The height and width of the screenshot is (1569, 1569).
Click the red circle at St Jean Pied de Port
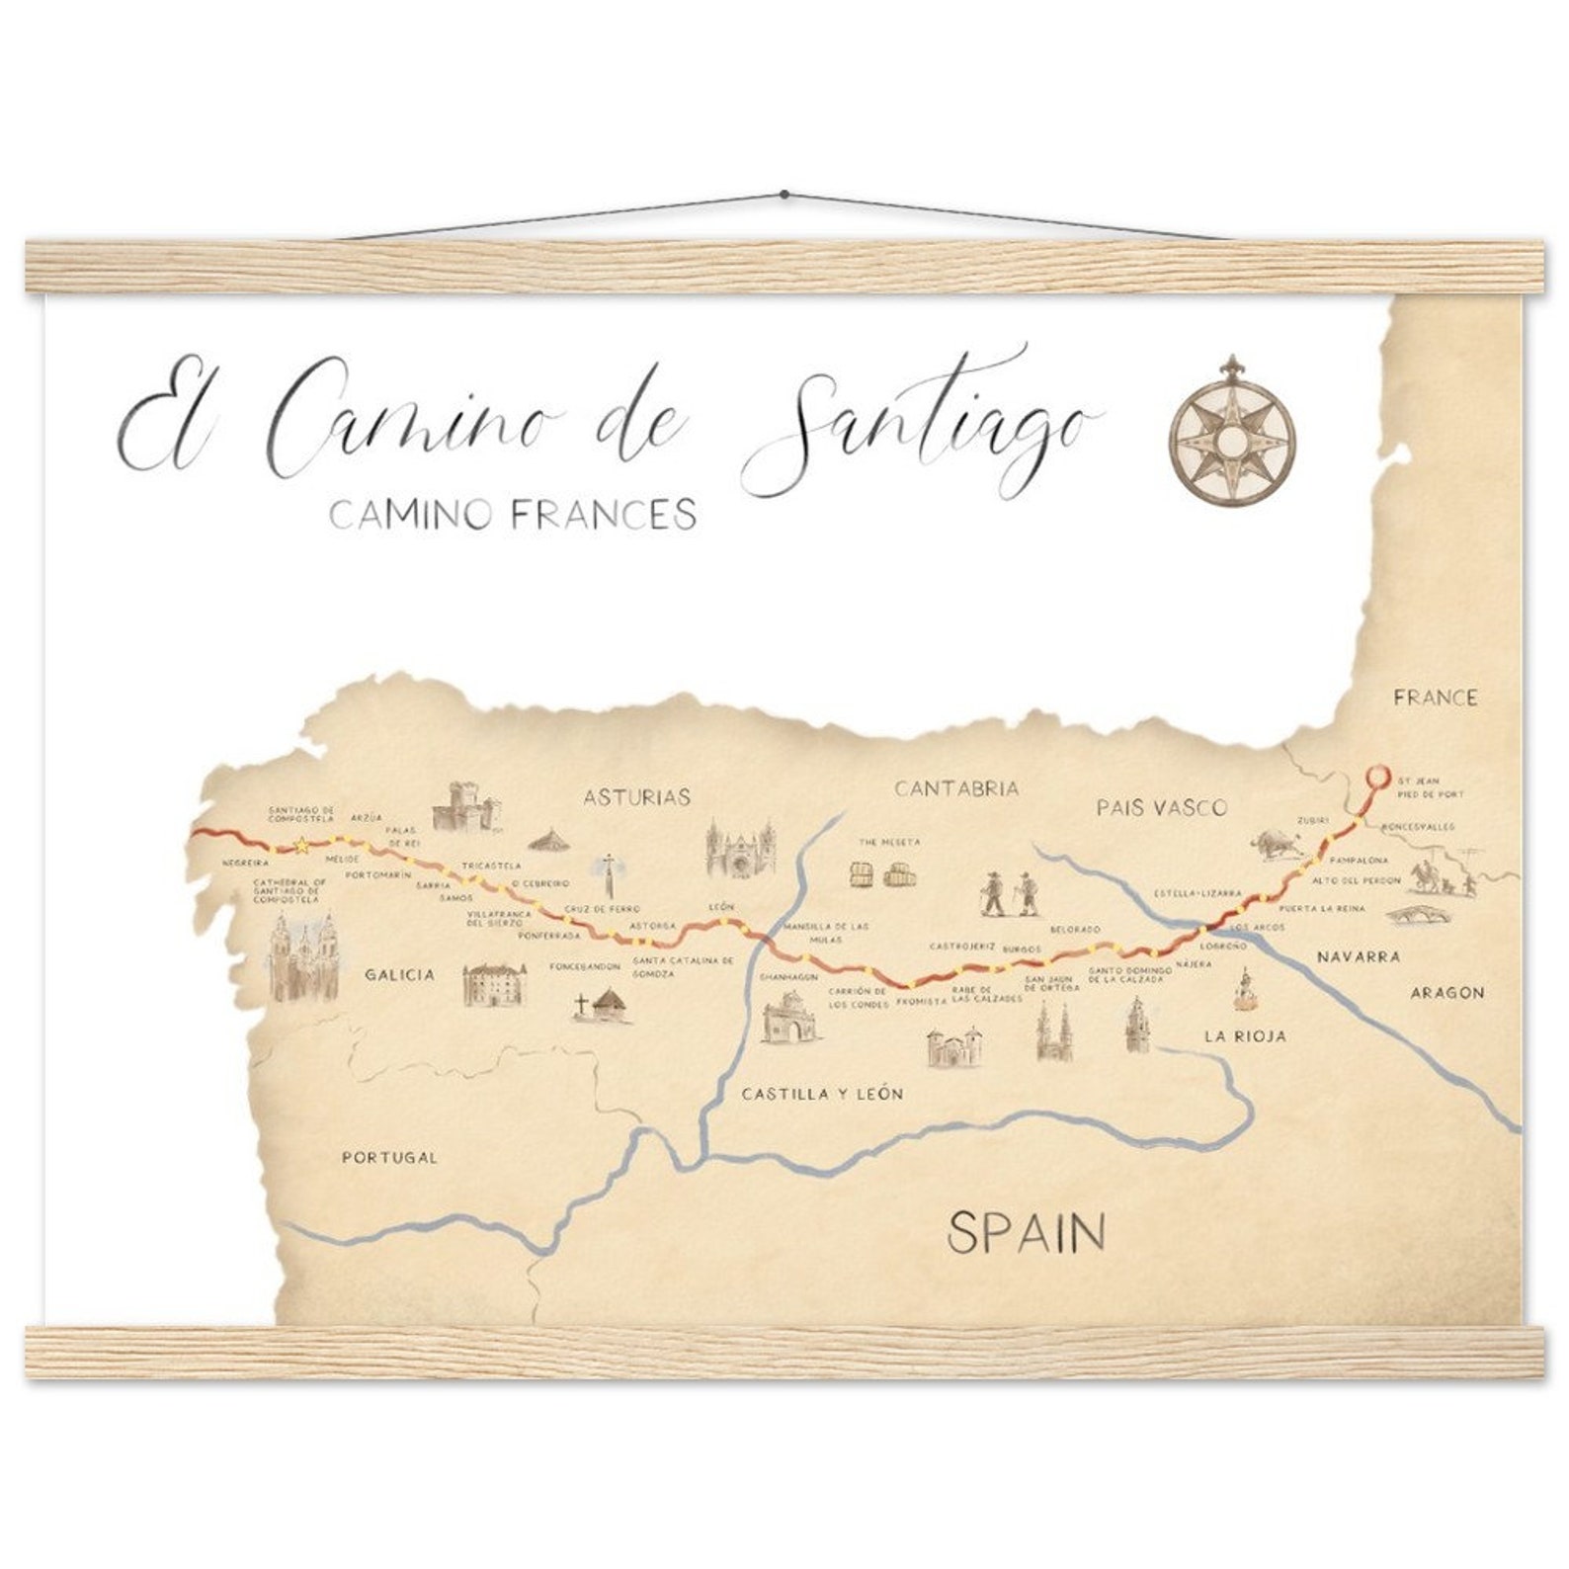1376,776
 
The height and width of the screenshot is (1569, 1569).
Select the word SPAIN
1026,1232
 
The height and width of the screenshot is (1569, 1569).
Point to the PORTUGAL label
389,1157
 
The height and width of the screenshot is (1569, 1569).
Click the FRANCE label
1436,698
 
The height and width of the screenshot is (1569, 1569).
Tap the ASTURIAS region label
636,796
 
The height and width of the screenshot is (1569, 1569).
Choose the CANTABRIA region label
955,788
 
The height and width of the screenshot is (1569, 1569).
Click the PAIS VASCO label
1161,807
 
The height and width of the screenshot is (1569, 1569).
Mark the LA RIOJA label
1245,1036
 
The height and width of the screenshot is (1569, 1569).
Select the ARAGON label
1446,992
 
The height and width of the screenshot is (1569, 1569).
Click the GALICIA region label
400,974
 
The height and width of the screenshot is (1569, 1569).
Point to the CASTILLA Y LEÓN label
822,1094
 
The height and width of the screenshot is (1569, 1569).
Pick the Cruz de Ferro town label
602,908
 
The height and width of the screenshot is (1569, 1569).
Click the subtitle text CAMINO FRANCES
513,514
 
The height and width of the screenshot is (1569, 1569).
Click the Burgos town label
1022,949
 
